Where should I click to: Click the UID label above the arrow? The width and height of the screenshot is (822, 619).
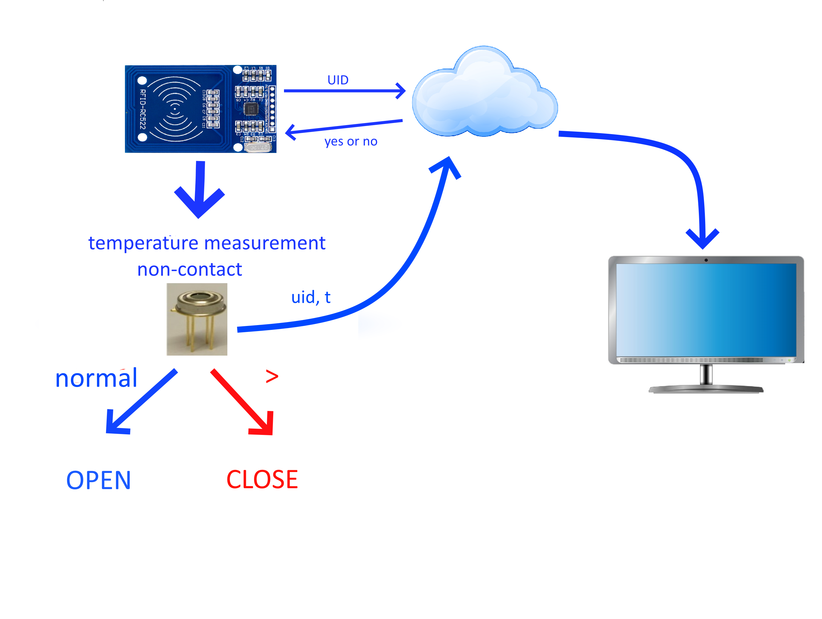(x=338, y=80)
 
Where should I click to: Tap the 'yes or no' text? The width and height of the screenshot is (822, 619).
(x=351, y=142)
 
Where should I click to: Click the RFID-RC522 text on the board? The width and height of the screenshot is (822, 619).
(x=143, y=109)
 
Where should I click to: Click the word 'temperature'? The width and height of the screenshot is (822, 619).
(x=143, y=243)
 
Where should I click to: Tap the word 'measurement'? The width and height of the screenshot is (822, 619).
(x=265, y=243)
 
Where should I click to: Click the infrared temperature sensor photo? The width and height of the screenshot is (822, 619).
(x=197, y=319)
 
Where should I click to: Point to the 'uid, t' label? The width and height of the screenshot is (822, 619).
(x=311, y=297)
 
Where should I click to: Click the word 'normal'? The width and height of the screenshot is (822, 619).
(x=96, y=378)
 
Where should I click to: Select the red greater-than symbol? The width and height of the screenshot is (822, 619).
(x=272, y=377)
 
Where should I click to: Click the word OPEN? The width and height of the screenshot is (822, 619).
(x=99, y=480)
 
